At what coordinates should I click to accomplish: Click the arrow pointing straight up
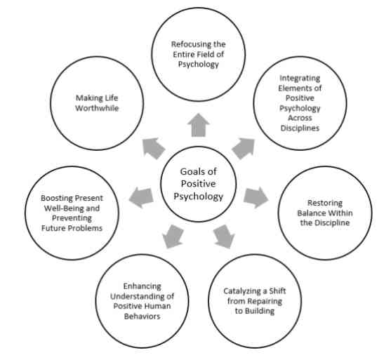[x=199, y=125]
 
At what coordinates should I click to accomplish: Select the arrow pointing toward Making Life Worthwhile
[x=154, y=148]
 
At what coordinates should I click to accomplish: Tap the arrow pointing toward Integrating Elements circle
[x=244, y=148]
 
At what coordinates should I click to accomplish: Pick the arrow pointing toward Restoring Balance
[x=256, y=197]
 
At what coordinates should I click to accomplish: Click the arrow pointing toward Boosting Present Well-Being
[x=141, y=197]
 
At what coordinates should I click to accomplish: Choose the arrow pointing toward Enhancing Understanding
[x=173, y=236]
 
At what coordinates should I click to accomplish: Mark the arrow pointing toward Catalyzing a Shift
[x=224, y=236]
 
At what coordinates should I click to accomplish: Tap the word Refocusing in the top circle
[x=188, y=44]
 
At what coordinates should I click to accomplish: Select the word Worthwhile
[x=97, y=108]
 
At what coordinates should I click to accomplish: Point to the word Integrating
[x=300, y=79]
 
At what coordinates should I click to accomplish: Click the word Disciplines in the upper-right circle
[x=300, y=128]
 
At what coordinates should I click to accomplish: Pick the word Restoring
[x=325, y=203]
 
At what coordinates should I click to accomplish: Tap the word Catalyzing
[x=242, y=291]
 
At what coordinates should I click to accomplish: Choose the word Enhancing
[x=142, y=286]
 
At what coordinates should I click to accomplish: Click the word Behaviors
[x=142, y=316]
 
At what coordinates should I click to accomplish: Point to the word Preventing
[x=72, y=218]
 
